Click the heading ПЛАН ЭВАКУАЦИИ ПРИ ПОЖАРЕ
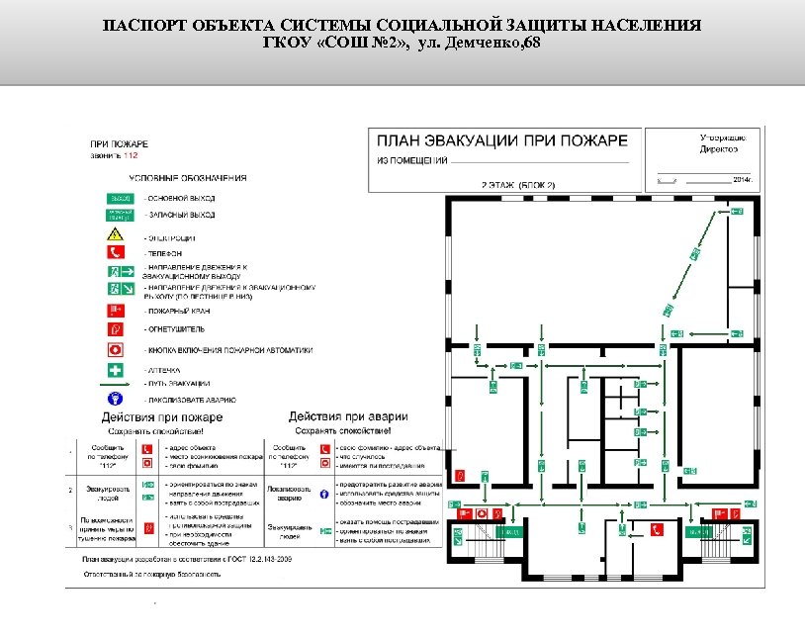click(x=502, y=140)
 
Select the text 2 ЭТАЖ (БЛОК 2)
click(x=518, y=185)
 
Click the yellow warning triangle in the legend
click(x=116, y=235)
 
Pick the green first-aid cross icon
click(x=116, y=370)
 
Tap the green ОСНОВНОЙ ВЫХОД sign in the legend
click(x=119, y=198)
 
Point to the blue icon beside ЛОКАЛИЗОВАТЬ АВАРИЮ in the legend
click(x=116, y=398)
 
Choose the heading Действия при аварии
click(x=347, y=416)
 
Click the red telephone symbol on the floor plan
click(x=656, y=530)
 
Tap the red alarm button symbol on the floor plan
click(x=482, y=514)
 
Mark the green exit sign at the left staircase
click(x=458, y=535)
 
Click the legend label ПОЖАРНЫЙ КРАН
click(x=176, y=311)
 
